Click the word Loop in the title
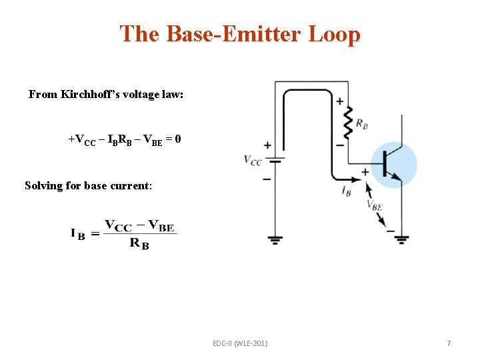(334, 34)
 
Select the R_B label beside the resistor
(362, 123)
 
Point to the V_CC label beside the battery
(253, 160)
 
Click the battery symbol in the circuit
(275, 161)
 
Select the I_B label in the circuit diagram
(346, 191)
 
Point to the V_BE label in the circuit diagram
(375, 206)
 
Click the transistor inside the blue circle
(393, 164)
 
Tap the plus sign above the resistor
(340, 101)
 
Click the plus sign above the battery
(267, 145)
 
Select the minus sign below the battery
(267, 179)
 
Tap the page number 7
(449, 343)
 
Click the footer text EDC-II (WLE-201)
(240, 343)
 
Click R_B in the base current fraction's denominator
(139, 243)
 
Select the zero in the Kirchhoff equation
(177, 140)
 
